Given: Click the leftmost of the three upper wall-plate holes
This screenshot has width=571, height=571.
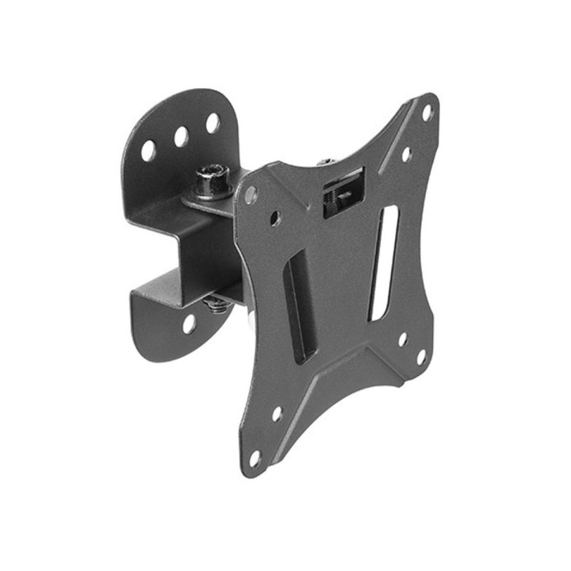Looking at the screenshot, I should (x=148, y=150).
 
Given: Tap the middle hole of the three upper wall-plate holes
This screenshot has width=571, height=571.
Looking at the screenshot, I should (x=181, y=136).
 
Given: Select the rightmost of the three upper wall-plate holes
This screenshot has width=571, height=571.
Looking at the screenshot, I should (x=213, y=123).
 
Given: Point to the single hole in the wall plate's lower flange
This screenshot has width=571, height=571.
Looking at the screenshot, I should (x=189, y=323).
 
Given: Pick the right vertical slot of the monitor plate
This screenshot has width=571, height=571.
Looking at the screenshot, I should (x=384, y=262).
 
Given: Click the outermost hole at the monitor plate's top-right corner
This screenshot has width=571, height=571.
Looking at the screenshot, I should (x=427, y=113).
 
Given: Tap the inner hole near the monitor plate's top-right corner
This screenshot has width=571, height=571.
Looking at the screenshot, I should (x=406, y=154).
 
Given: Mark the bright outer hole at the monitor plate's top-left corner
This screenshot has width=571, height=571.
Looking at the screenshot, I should (x=251, y=193).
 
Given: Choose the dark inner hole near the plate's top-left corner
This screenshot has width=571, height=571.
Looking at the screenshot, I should (x=274, y=217).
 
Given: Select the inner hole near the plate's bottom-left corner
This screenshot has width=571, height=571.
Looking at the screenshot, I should (x=277, y=414).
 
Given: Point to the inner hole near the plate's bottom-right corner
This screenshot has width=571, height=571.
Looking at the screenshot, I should (x=402, y=339).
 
